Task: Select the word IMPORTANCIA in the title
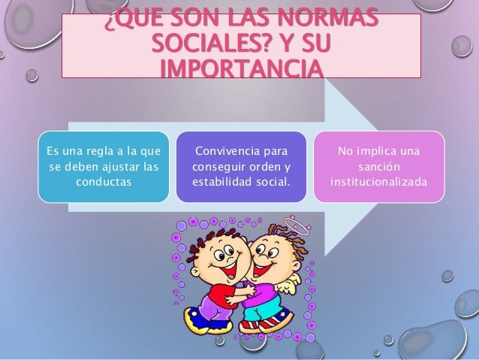click(x=240, y=68)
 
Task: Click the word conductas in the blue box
click(x=104, y=183)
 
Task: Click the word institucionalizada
click(x=378, y=183)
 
